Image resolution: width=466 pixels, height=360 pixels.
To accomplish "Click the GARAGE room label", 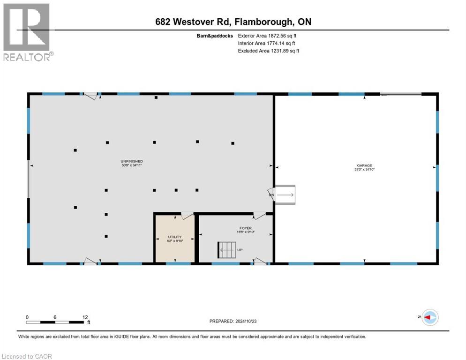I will click(364, 165).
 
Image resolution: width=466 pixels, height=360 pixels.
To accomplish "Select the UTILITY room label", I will click(174, 237).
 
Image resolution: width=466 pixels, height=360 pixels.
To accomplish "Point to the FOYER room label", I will click(245, 227).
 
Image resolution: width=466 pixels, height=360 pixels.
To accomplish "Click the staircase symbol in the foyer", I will click(225, 250).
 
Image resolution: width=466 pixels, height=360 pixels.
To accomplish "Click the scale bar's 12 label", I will click(85, 317).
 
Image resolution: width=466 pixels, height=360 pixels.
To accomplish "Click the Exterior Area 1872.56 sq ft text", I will click(268, 35).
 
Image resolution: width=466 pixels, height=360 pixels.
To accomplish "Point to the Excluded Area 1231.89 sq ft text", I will click(268, 51).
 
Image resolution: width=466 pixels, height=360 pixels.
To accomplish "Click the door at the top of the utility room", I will click(187, 216).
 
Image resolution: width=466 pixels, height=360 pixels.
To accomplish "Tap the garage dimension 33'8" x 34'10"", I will click(364, 170).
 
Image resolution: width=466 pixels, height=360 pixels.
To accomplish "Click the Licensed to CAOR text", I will click(27, 356).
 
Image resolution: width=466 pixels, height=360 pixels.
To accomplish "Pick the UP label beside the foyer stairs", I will click(240, 250).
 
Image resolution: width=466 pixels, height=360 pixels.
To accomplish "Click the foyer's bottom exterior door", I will click(260, 262).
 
